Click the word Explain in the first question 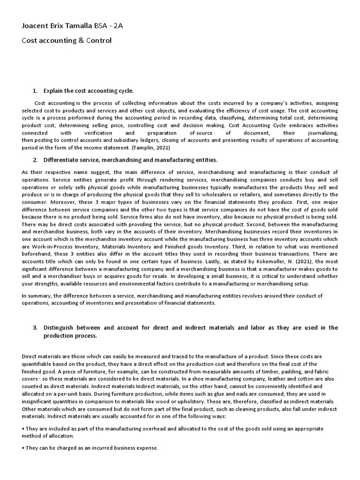pyautogui.click(x=54, y=90)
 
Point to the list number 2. pyautogui.click(x=35, y=160)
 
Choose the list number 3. pyautogui.click(x=35, y=328)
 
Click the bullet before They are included pyautogui.click(x=23, y=429)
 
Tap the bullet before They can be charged pyautogui.click(x=23, y=448)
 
